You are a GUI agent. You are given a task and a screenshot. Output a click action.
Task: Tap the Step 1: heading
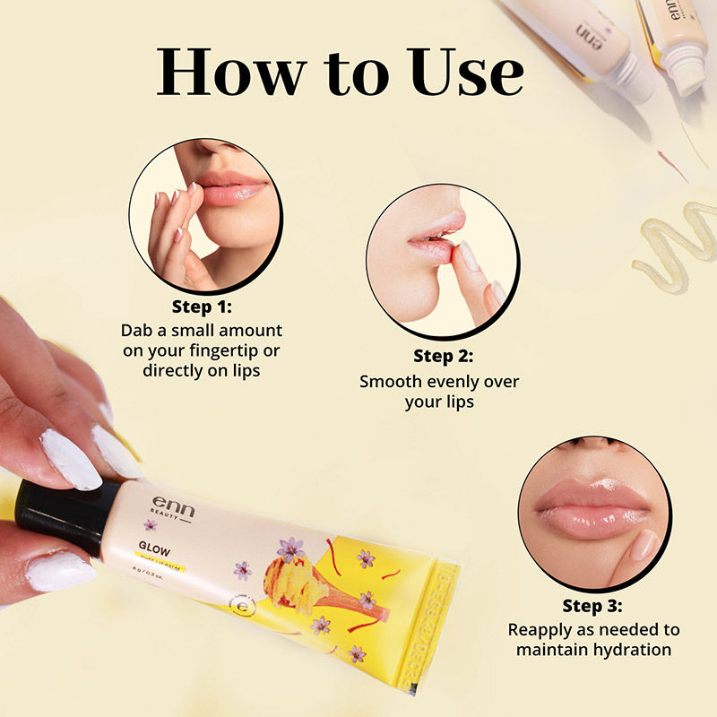pos(203,307)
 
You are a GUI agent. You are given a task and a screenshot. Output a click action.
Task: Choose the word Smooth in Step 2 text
pos(391,382)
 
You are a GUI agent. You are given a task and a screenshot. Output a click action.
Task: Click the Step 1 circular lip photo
pos(205,214)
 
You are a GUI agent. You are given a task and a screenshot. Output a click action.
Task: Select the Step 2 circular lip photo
pos(442,261)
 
